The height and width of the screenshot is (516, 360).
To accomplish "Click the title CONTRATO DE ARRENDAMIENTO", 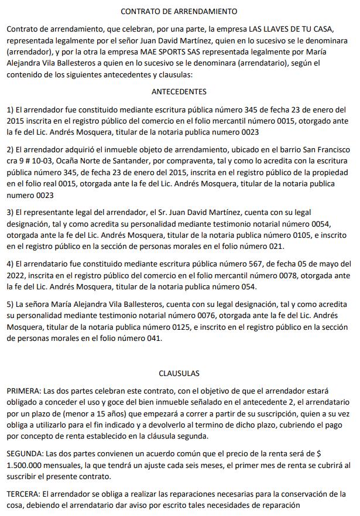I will point(179,11).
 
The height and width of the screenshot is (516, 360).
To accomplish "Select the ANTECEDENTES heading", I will point(179,91).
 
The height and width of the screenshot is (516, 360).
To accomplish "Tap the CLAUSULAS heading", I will point(179,373).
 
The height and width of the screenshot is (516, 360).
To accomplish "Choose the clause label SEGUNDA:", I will point(27,454).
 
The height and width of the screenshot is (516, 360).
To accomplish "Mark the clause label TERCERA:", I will point(26,494).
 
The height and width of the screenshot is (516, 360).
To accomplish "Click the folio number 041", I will point(148,338).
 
